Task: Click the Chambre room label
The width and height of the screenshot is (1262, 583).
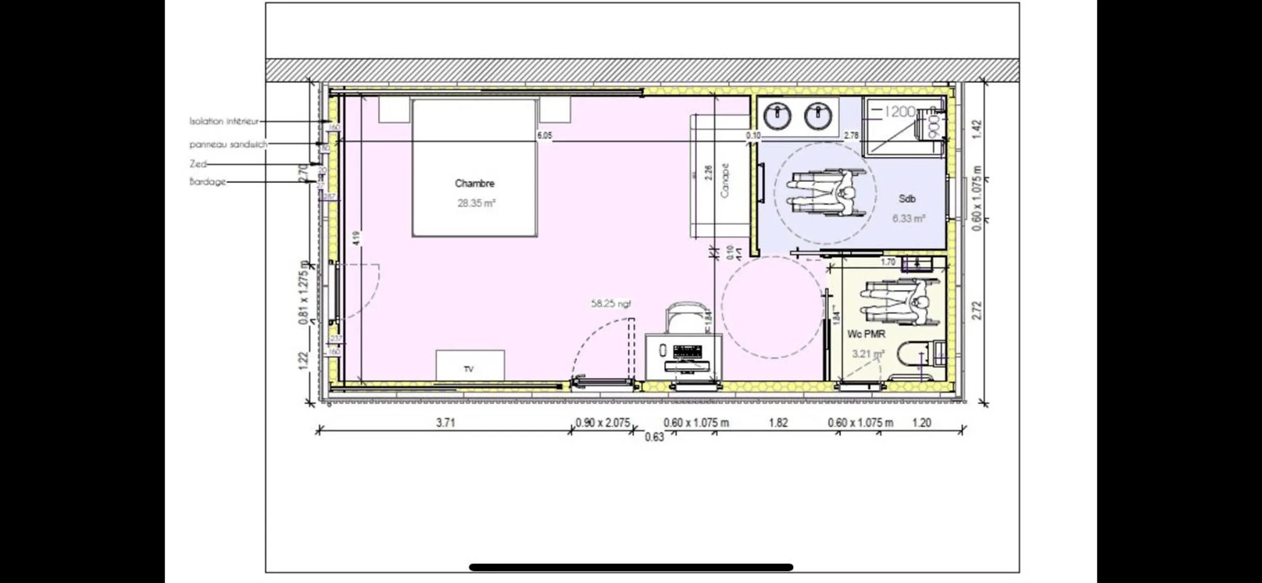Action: pos(474,183)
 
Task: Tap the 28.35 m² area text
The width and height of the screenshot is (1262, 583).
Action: pos(476,203)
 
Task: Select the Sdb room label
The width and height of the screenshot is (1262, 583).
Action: pos(907,199)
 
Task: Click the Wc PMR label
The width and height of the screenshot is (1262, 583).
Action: pos(866,334)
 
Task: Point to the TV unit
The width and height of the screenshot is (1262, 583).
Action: pos(470,366)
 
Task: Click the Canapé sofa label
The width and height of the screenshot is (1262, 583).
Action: pos(725,180)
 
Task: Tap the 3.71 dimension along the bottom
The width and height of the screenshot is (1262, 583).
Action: pos(446,423)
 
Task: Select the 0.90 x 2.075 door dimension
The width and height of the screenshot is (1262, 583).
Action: pos(603,423)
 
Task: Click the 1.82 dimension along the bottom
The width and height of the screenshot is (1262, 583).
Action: pos(778,423)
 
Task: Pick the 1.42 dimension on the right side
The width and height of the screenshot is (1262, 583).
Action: pos(977,129)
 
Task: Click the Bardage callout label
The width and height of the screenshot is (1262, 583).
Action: pos(208,182)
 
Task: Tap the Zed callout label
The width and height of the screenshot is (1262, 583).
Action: pos(198,164)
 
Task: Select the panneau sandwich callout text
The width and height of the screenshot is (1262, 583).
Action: pos(228,145)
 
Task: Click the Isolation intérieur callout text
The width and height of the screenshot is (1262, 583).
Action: pos(224,121)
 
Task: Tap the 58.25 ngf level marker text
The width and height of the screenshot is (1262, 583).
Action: pos(611,303)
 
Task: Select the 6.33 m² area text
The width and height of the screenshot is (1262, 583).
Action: pos(909,219)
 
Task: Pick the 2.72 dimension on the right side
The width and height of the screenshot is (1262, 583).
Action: pos(977,310)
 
